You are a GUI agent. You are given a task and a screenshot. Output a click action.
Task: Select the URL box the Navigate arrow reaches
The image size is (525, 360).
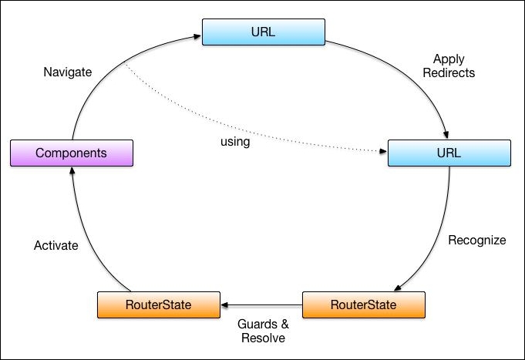pyautogui.click(x=263, y=32)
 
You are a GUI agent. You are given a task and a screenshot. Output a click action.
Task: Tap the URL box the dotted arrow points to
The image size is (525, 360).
pyautogui.click(x=448, y=153)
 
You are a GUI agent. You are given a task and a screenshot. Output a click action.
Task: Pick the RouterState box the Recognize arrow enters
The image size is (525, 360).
pyautogui.click(x=364, y=304)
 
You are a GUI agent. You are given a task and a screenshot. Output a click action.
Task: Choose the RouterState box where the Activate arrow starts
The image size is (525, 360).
pyautogui.click(x=159, y=304)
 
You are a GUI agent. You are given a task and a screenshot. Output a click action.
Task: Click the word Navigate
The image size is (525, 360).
pyautogui.click(x=68, y=72)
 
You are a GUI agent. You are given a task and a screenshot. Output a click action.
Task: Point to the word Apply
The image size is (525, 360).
pyautogui.click(x=449, y=59)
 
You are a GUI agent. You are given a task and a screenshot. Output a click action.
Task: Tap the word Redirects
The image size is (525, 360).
pyautogui.click(x=449, y=73)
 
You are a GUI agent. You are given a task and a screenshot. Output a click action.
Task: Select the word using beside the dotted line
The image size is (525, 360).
pyautogui.click(x=235, y=142)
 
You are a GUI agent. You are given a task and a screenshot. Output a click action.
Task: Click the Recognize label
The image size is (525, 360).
pyautogui.click(x=477, y=240)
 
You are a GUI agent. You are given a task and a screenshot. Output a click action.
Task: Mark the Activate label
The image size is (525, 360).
pyautogui.click(x=56, y=246)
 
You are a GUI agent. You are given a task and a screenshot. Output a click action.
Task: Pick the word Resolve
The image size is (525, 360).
pyautogui.click(x=263, y=338)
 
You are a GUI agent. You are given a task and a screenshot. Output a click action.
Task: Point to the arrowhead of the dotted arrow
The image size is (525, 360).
pyautogui.click(x=383, y=152)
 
